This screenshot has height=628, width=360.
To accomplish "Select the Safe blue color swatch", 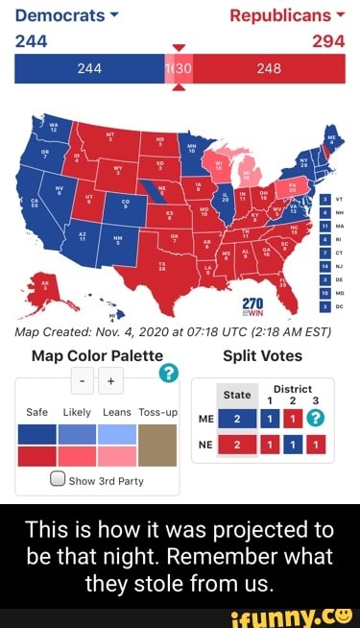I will tap(36, 435).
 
